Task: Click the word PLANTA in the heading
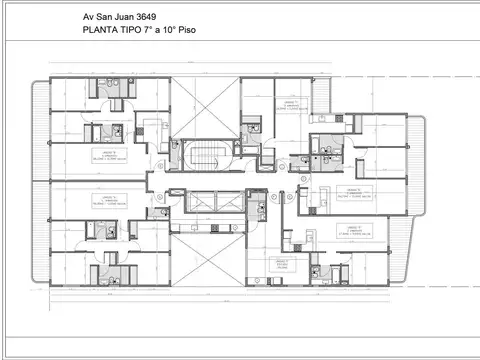point(102,31)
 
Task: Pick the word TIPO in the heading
point(138,31)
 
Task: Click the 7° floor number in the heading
point(159,31)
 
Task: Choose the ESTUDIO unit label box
point(282,266)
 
